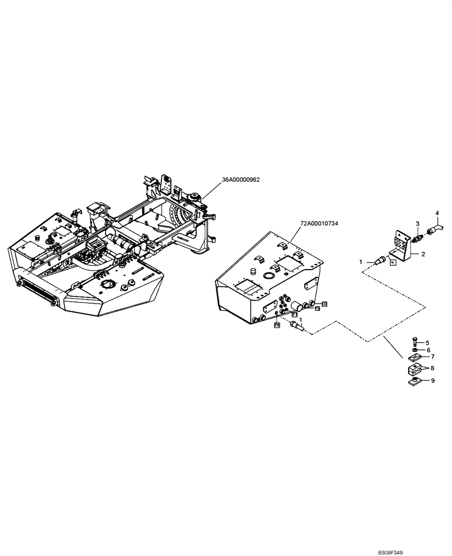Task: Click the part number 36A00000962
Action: pos(242,180)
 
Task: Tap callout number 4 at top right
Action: pos(437,213)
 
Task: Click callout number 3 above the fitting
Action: pos(416,223)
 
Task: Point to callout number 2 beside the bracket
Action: pos(424,254)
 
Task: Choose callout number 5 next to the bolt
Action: pos(428,342)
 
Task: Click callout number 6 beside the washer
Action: pos(428,350)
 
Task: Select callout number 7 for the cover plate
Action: pos(432,356)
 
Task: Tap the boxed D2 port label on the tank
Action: pos(325,304)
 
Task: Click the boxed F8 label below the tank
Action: pos(276,325)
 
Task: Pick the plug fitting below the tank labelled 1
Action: pos(298,329)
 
